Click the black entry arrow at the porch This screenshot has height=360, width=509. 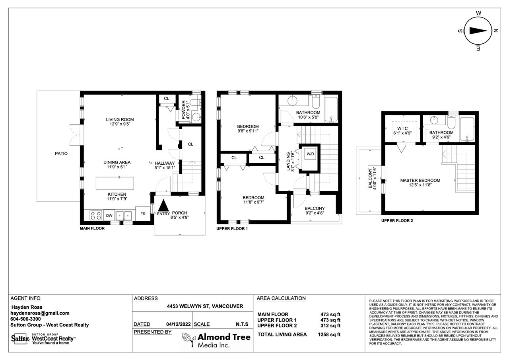(x=163, y=205)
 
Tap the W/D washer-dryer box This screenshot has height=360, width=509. (x=310, y=154)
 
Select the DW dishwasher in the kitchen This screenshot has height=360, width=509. (x=109, y=215)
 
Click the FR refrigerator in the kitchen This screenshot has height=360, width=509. (x=143, y=214)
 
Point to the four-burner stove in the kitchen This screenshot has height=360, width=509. (x=96, y=215)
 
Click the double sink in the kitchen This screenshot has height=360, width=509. (x=124, y=215)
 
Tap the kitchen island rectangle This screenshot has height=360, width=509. (x=115, y=183)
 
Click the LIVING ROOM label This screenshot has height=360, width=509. (x=120, y=120)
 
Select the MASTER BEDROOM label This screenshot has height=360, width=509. (x=420, y=181)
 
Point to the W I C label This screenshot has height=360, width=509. (x=402, y=128)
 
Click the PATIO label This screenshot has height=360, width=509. (x=61, y=154)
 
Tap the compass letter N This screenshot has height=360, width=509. (x=496, y=31)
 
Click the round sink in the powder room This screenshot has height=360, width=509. (x=196, y=117)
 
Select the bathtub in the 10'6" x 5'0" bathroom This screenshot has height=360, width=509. (x=331, y=109)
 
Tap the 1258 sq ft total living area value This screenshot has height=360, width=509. (x=329, y=335)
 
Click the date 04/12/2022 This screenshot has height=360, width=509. (x=179, y=324)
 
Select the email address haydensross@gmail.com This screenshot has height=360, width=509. (x=40, y=313)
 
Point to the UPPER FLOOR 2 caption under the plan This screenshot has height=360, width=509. (x=397, y=221)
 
